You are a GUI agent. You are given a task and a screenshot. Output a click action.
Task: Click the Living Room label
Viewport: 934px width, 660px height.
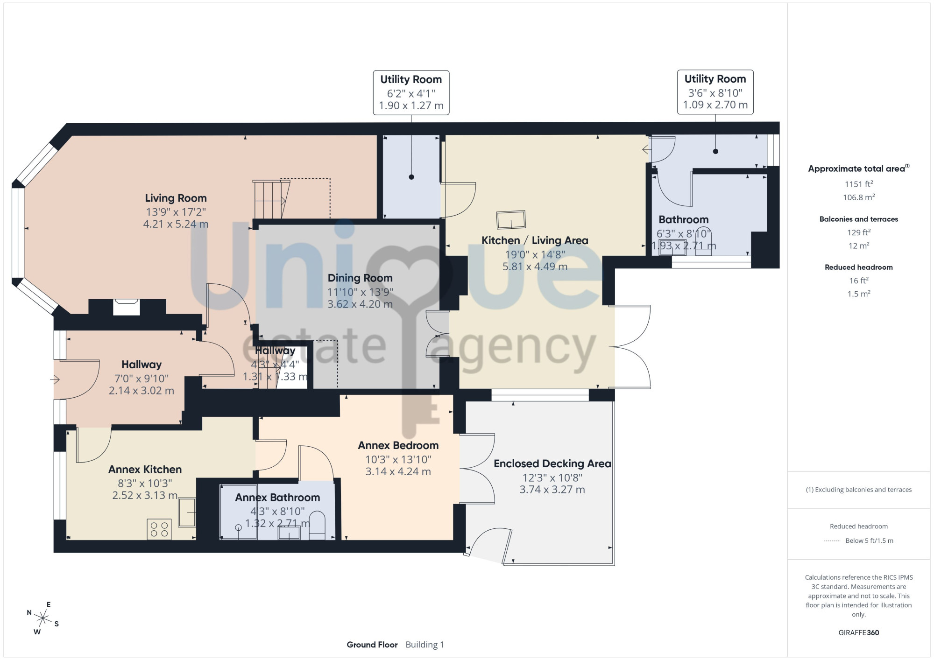click(x=176, y=198)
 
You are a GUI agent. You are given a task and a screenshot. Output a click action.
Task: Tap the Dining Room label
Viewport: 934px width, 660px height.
click(x=360, y=278)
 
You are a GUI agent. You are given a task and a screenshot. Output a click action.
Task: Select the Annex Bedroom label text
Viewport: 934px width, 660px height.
click(x=398, y=446)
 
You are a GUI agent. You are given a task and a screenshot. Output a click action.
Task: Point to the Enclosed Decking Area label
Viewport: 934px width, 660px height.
click(x=552, y=464)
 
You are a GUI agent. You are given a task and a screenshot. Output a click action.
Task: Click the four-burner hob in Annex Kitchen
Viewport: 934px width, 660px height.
click(x=159, y=529)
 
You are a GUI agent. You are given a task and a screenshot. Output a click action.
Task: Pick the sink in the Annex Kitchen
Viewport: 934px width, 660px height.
click(x=187, y=513)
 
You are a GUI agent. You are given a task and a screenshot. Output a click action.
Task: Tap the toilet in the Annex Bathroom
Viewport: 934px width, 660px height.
click(x=317, y=526)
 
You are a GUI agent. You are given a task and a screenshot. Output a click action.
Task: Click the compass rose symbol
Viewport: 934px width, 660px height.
click(x=43, y=619)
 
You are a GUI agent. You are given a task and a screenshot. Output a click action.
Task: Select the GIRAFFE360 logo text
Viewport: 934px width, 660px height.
click(x=859, y=633)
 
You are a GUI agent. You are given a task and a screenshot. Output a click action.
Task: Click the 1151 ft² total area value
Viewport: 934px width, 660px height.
click(x=859, y=184)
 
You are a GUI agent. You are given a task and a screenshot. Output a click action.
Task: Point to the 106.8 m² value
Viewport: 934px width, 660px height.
click(x=859, y=197)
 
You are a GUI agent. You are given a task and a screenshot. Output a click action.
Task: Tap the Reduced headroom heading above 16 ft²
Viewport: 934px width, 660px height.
click(x=859, y=267)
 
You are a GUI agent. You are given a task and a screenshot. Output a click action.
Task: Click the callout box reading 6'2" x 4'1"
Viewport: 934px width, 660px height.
click(x=411, y=92)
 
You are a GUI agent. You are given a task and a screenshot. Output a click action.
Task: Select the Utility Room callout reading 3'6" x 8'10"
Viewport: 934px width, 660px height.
click(x=715, y=92)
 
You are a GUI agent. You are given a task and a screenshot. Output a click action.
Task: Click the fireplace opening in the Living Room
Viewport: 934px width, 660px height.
click(x=127, y=308)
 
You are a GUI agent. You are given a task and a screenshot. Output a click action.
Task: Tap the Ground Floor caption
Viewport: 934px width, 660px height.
click(x=372, y=645)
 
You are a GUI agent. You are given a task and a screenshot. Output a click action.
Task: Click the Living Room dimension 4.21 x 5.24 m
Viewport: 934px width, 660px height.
click(x=176, y=224)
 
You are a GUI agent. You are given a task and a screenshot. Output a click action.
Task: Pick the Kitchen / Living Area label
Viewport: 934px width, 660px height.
click(x=535, y=241)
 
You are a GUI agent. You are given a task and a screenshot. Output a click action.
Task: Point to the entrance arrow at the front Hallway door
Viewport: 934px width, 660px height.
click(x=55, y=380)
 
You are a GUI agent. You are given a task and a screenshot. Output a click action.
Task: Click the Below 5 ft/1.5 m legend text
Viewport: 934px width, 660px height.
click(x=870, y=541)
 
